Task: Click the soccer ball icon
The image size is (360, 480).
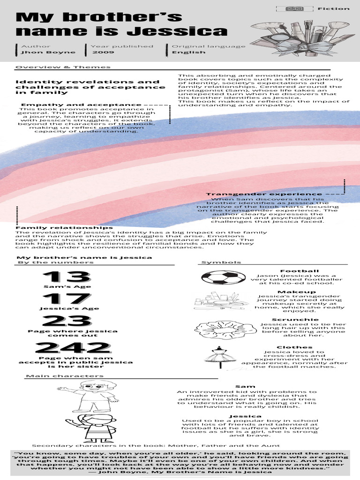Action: pyautogui.click(x=223, y=277)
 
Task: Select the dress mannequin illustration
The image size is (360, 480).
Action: pyautogui.click(x=218, y=357)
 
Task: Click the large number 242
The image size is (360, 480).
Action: pyautogui.click(x=73, y=347)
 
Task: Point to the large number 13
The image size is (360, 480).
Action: pyautogui.click(x=67, y=277)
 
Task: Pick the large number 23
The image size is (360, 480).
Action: pyautogui.click(x=67, y=321)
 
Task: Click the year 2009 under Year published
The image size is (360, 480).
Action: pyautogui.click(x=103, y=52)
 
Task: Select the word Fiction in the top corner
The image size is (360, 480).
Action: pyautogui.click(x=333, y=8)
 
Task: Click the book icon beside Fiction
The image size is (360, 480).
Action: pyautogui.click(x=294, y=8)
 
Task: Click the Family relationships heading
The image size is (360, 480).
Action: pyautogui.click(x=64, y=227)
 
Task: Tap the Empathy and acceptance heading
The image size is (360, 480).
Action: pyautogui.click(x=81, y=105)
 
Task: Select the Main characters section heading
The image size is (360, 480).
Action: pyautogui.click(x=65, y=375)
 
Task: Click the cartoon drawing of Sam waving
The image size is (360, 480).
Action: pyautogui.click(x=83, y=396)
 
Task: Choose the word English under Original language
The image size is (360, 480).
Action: pyautogui.click(x=188, y=52)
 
